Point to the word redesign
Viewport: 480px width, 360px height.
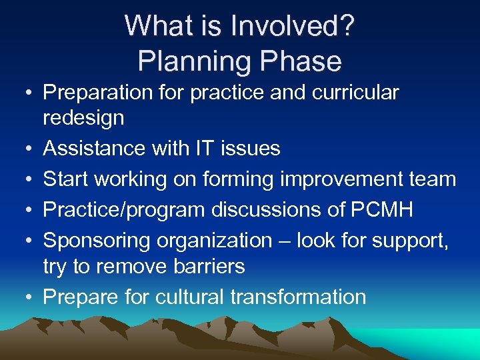coord(83,118)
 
